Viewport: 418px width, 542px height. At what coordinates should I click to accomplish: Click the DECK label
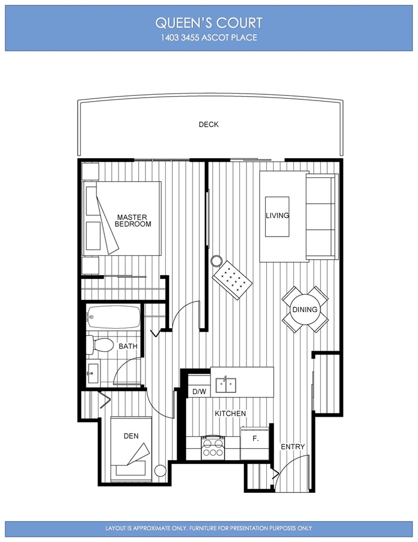208,124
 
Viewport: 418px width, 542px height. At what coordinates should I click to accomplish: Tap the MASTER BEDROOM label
133,221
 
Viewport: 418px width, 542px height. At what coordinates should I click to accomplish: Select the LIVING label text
277,215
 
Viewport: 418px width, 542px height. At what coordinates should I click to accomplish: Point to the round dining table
305,309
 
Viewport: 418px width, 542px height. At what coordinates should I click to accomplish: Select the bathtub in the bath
113,317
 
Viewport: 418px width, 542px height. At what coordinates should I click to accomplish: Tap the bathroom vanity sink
93,373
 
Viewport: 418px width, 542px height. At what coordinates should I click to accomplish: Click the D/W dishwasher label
199,391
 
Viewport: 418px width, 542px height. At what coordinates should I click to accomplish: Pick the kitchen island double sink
226,385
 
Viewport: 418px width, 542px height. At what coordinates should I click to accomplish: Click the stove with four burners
213,448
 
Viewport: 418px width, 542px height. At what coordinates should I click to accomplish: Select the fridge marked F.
255,443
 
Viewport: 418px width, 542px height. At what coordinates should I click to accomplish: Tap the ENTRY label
293,447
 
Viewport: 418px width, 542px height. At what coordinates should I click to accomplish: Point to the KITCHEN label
230,413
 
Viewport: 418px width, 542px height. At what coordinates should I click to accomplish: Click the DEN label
131,436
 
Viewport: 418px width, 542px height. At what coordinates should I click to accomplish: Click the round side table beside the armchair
216,261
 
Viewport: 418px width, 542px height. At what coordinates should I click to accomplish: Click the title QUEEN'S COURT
209,23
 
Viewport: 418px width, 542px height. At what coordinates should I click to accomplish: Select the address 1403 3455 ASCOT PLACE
209,37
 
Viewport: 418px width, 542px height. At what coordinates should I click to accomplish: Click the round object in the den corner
160,471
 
